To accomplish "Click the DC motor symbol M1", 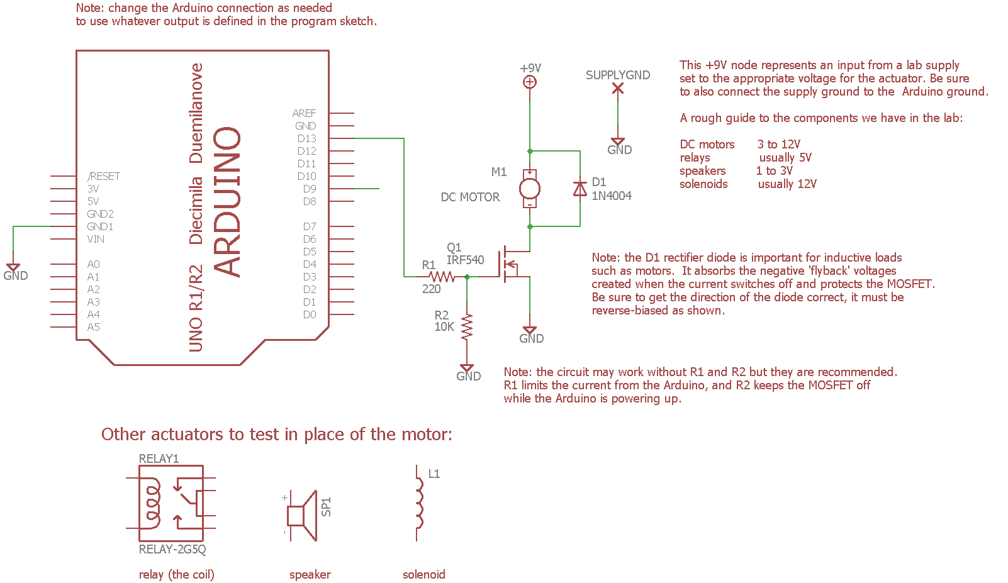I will pyautogui.click(x=530, y=189).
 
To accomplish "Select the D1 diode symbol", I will pyautogui.click(x=580, y=189).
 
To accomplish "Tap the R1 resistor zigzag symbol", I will pyautogui.click(x=442, y=277).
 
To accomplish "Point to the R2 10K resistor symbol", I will pyautogui.click(x=467, y=328).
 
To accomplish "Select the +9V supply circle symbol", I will pyautogui.click(x=530, y=82).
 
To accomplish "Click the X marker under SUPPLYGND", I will pyautogui.click(x=618, y=89).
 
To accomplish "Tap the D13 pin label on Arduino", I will pyautogui.click(x=307, y=138).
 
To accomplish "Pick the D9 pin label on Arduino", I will pyautogui.click(x=310, y=189).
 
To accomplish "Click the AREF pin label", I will pyautogui.click(x=304, y=113).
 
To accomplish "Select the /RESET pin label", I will pyautogui.click(x=104, y=176).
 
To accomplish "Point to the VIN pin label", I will pyautogui.click(x=96, y=239).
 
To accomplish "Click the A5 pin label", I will pyautogui.click(x=93, y=327).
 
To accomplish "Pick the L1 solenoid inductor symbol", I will pyautogui.click(x=418, y=503).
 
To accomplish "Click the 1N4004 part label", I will pyautogui.click(x=612, y=196).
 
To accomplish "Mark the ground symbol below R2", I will pyautogui.click(x=467, y=369).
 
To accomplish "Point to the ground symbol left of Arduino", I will pyautogui.click(x=13, y=269).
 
